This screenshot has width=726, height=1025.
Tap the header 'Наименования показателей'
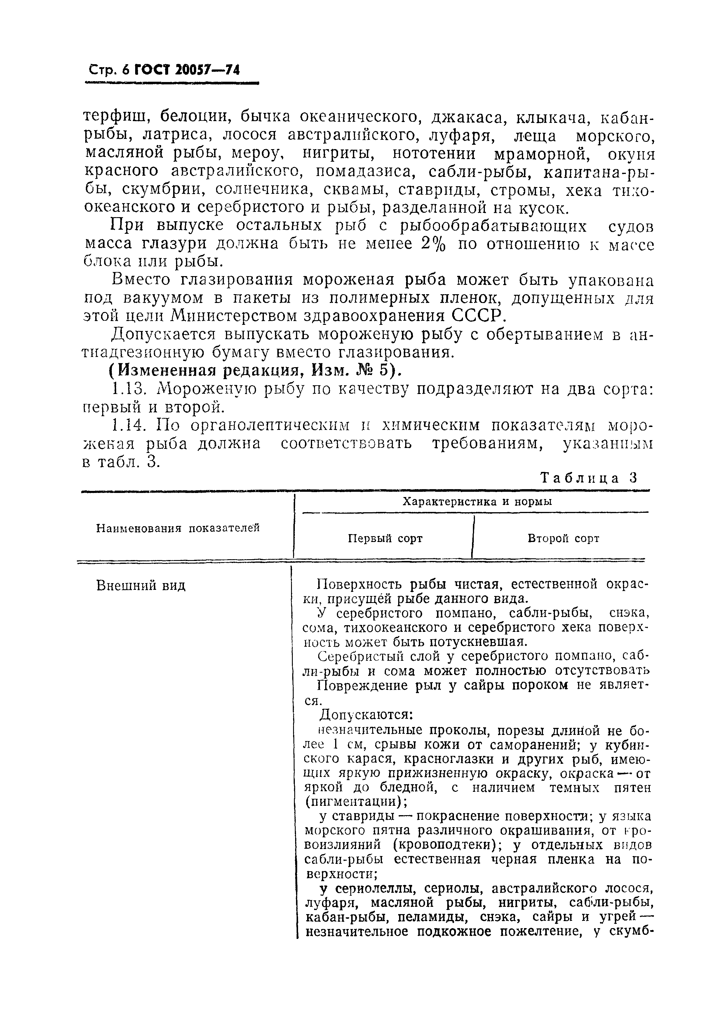tap(178, 528)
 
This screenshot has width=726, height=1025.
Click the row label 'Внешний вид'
tap(141, 586)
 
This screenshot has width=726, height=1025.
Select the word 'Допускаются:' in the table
tap(366, 715)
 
